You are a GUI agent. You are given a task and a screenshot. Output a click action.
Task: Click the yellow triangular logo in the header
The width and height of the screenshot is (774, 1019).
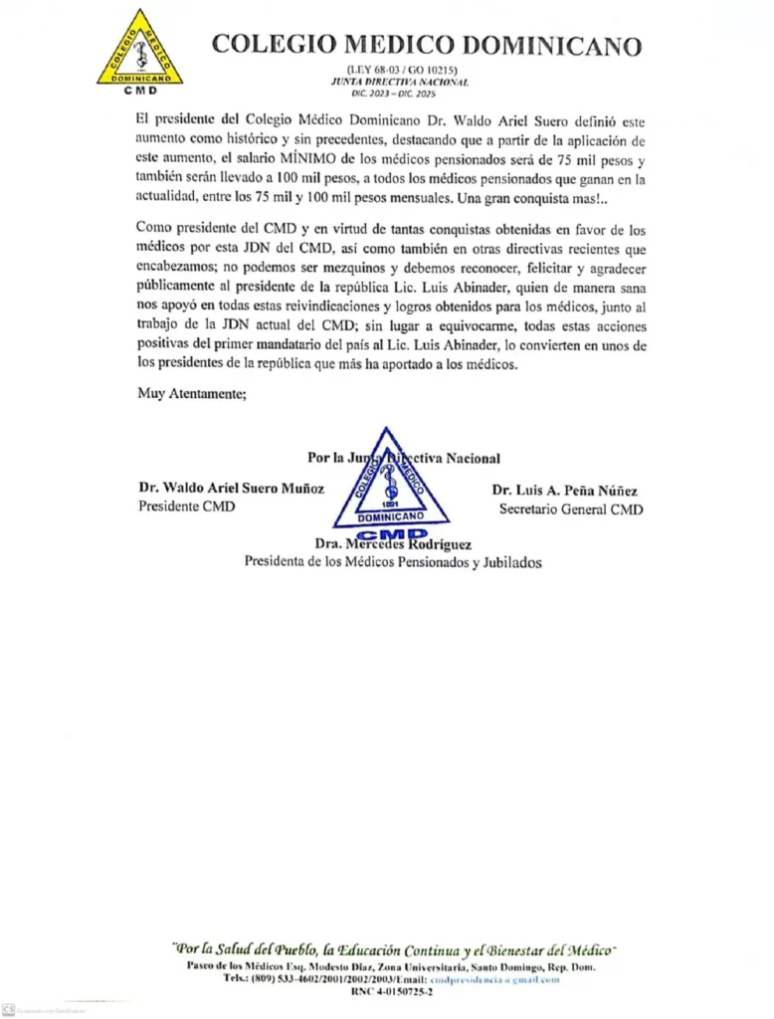[x=139, y=50]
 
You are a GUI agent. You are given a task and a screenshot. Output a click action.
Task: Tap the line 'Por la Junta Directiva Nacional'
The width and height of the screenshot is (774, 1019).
[x=404, y=458]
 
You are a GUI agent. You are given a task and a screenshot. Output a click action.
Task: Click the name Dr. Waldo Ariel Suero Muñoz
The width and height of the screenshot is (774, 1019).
[x=232, y=489]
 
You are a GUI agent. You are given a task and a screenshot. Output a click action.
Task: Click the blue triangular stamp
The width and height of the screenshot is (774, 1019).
[x=391, y=482]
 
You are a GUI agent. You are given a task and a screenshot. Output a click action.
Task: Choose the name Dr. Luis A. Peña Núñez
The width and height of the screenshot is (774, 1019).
[x=564, y=490]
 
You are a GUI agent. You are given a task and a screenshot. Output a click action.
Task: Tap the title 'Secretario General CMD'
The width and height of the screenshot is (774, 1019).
[x=570, y=509]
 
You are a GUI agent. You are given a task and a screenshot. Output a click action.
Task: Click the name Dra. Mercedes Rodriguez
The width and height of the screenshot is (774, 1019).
[x=392, y=544]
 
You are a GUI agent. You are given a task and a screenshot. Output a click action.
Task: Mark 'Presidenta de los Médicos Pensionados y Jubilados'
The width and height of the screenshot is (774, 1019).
[x=393, y=561]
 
